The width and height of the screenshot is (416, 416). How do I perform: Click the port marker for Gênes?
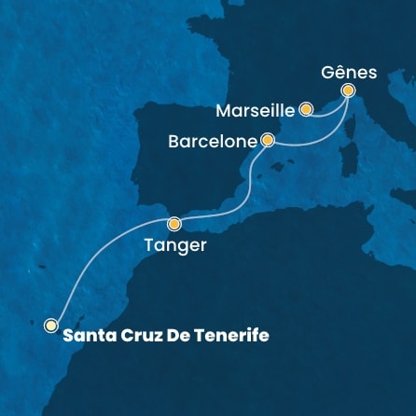coord(349,90)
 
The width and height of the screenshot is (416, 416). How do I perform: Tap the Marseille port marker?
coord(305,110)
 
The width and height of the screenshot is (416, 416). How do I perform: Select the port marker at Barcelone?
coord(268,141)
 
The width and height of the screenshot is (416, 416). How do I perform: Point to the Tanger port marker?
coord(174,224)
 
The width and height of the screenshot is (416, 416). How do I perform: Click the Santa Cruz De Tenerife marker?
coord(51,326)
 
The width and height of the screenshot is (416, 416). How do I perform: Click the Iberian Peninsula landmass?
coord(187,159)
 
